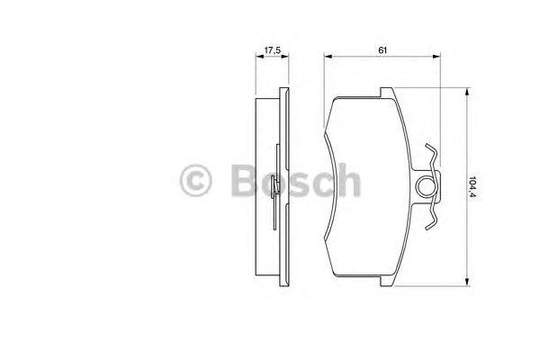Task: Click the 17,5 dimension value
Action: tap(272, 50)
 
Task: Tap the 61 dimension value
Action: tap(382, 50)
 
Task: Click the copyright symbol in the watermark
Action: tap(195, 180)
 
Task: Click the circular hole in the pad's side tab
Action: tap(426, 186)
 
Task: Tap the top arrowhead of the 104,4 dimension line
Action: tap(467, 92)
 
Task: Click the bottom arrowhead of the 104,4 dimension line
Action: tap(467, 282)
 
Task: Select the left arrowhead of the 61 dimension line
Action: tap(328, 56)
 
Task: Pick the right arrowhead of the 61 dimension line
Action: tap(436, 56)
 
